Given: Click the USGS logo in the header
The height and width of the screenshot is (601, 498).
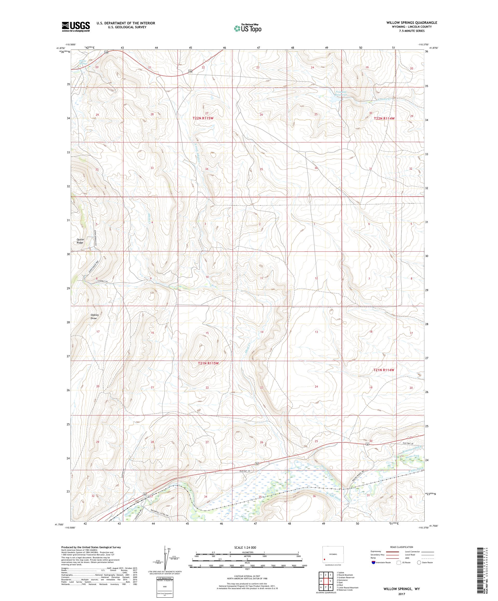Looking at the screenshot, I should coord(76,27).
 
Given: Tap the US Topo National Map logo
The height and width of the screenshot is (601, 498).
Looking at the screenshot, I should coord(247,28).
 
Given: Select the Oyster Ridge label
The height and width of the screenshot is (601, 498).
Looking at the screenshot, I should coord(80,241).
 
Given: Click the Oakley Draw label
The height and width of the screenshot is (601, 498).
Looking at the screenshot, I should coord(95,317).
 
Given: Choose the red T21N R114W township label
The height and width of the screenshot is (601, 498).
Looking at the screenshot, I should coord(384,370).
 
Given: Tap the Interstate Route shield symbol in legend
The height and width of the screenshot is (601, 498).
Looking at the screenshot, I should coord(373,563).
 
